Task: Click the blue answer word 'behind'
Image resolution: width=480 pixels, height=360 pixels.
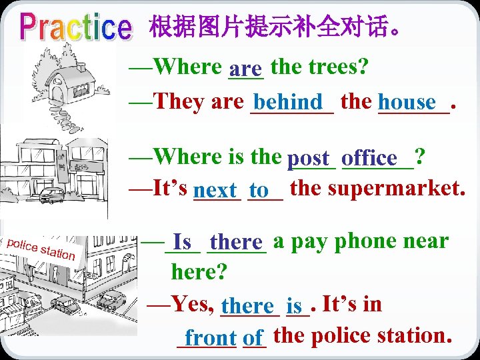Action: [288, 103]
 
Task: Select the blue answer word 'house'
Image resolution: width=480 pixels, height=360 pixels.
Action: [407, 103]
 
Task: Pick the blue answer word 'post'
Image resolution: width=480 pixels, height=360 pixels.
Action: [309, 159]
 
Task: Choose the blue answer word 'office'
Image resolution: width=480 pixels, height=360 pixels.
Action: [373, 159]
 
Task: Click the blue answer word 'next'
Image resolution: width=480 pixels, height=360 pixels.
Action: [216, 191]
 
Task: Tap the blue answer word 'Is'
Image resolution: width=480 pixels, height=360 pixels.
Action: [182, 242]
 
